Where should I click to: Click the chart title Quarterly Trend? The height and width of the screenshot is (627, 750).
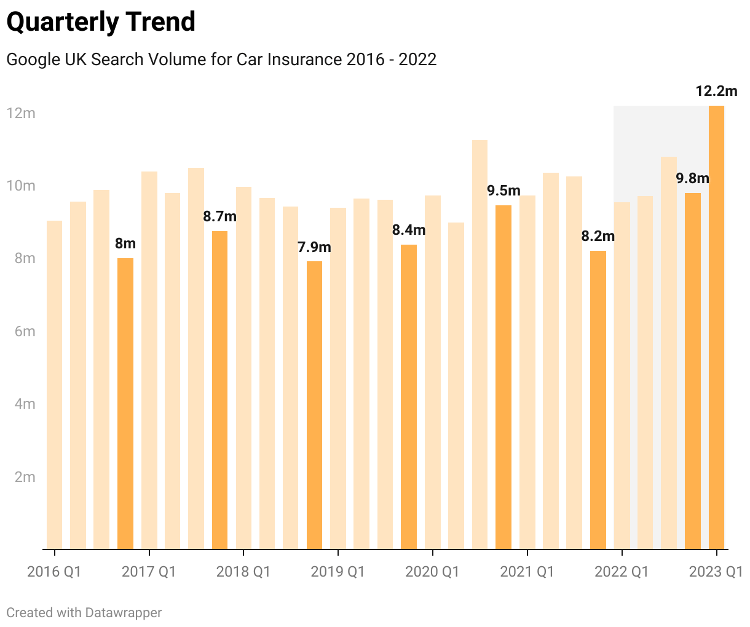(101, 22)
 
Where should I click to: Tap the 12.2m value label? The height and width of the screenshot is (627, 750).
(716, 92)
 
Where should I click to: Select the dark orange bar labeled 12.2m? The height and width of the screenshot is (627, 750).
(716, 326)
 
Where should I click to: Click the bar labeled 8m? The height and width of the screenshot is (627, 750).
(125, 403)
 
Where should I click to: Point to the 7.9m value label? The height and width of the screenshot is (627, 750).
(314, 248)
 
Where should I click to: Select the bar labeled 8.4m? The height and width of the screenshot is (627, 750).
(409, 396)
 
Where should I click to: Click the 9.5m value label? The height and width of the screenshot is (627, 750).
(503, 191)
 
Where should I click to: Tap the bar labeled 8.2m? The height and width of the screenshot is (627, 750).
(598, 400)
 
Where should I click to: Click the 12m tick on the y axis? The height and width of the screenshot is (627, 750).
(21, 113)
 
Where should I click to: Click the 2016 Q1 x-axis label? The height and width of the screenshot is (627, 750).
(54, 572)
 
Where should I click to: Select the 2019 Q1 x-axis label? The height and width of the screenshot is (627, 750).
(337, 572)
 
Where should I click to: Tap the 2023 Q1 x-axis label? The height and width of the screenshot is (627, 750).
(716, 572)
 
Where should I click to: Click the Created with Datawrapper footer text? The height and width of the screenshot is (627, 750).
(84, 613)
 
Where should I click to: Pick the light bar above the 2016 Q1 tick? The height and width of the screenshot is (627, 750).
(54, 384)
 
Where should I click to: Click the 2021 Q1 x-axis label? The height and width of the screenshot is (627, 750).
(527, 572)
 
